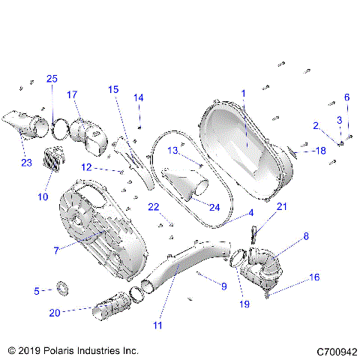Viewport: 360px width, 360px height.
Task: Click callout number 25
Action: [52, 79]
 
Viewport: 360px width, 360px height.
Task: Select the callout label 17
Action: [72, 94]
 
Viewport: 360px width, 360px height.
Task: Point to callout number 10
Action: [43, 197]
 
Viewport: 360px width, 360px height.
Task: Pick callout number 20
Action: [54, 312]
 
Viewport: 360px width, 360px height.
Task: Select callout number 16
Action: [314, 277]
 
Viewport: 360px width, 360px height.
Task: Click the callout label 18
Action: [320, 151]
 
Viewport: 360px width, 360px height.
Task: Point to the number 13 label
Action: [172, 150]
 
